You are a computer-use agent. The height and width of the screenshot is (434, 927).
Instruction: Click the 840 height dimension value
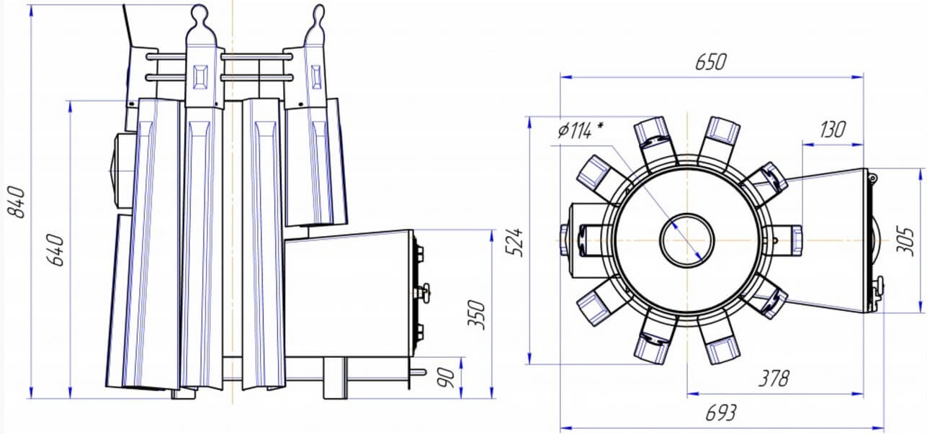click(17, 202)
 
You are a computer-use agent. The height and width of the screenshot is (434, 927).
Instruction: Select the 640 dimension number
click(55, 250)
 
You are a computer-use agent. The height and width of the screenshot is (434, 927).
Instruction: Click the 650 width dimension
click(711, 62)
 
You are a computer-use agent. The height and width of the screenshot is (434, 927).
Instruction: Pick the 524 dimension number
click(514, 243)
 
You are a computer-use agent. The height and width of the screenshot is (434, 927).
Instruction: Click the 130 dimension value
click(832, 130)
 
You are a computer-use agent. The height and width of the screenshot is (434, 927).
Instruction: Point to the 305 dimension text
click(905, 241)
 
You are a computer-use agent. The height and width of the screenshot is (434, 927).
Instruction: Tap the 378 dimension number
click(774, 378)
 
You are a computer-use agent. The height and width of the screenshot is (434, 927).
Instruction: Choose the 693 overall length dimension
click(721, 412)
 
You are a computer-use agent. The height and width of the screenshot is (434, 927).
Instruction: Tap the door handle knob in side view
click(424, 291)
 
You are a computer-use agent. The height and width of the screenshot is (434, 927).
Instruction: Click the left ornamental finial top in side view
click(200, 12)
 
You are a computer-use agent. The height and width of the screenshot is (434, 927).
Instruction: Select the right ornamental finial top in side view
click(318, 12)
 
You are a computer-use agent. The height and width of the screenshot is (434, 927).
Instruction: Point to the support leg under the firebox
click(335, 378)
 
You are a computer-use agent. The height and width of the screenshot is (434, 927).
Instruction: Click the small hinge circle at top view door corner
click(872, 178)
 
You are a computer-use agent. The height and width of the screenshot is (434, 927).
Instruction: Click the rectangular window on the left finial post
click(201, 77)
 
